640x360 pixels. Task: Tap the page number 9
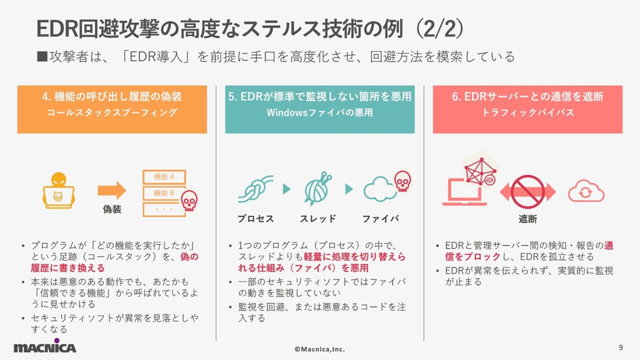[620, 348]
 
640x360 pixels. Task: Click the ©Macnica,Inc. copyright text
[319, 349]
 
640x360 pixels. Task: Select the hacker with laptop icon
[58, 190]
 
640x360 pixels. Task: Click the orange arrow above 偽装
[112, 190]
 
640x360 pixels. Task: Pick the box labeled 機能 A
[164, 177]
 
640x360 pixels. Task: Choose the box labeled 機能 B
[164, 193]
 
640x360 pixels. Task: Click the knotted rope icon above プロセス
[255, 189]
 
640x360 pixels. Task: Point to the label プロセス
[256, 219]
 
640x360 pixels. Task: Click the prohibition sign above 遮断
[527, 192]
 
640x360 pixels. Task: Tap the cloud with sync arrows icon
[586, 192]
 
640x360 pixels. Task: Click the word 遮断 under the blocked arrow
[527, 219]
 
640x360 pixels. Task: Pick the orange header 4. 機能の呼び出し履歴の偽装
[112, 97]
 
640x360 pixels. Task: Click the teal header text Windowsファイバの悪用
[320, 113]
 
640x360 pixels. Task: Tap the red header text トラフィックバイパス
[527, 113]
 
